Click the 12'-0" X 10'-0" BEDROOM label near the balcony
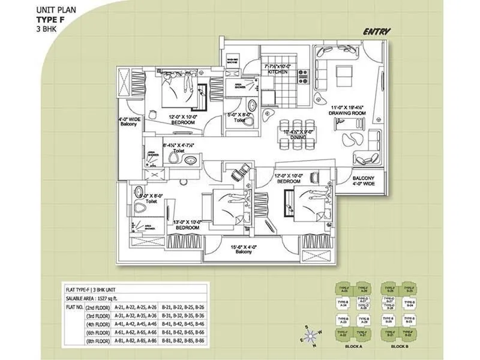pyautogui.click(x=292, y=179)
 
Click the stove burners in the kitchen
pyautogui.click(x=302, y=77)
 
